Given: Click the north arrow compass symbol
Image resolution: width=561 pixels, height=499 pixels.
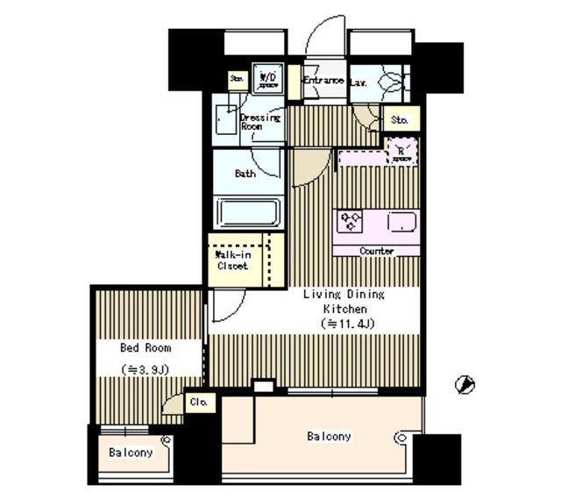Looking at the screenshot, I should pyautogui.click(x=465, y=383).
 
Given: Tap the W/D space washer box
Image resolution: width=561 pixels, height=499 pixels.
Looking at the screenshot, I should pyautogui.click(x=267, y=80).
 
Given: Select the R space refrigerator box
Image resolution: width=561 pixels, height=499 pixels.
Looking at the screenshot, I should pyautogui.click(x=402, y=153).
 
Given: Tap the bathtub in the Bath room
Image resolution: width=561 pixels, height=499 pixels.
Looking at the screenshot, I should pyautogui.click(x=248, y=214).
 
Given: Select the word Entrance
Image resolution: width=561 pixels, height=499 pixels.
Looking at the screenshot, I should pyautogui.click(x=323, y=81).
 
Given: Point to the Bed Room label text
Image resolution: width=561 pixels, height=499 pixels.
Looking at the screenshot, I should pyautogui.click(x=146, y=347).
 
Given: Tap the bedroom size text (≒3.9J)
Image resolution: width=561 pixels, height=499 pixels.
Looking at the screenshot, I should pyautogui.click(x=146, y=369).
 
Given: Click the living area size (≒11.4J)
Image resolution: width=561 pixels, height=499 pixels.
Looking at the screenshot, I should pyautogui.click(x=344, y=324).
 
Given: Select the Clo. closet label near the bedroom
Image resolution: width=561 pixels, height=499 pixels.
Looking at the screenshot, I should pyautogui.click(x=199, y=403).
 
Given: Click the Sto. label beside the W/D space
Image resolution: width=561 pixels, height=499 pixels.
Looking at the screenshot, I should pyautogui.click(x=236, y=80).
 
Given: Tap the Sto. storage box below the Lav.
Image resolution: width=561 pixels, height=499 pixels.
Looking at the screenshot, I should pyautogui.click(x=401, y=118).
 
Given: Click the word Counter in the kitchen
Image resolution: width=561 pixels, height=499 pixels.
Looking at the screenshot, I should pyautogui.click(x=377, y=251).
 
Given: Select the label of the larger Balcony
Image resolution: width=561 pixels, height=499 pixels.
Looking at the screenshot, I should pyautogui.click(x=329, y=436).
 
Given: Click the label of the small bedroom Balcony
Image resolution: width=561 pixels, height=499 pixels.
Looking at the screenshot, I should pyautogui.click(x=131, y=453).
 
